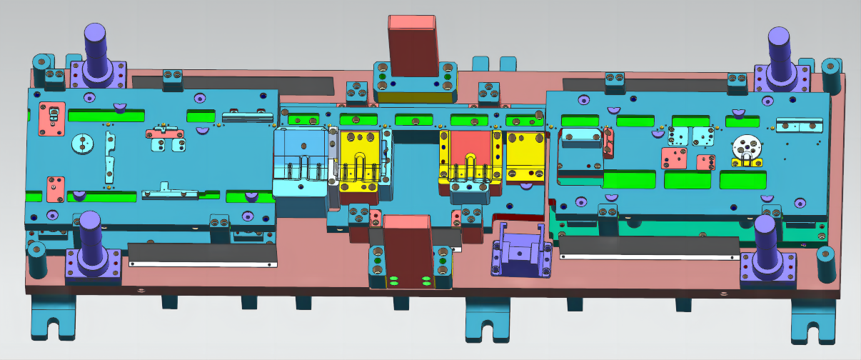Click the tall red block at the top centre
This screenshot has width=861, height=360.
point(413,46)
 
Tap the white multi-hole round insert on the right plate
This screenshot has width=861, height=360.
point(745,149)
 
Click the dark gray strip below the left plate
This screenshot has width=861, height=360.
point(202,254)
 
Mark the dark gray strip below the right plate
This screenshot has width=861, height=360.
point(648,248)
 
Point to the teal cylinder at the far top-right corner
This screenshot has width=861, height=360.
point(830,69)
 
